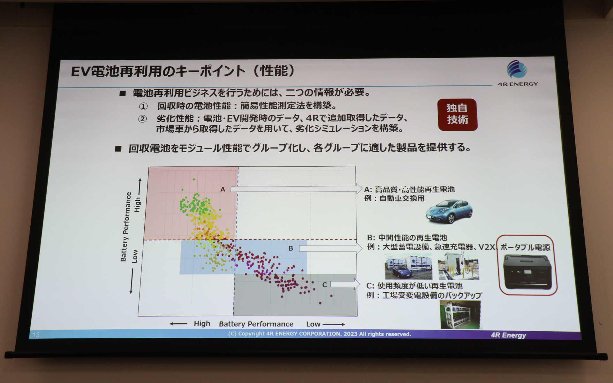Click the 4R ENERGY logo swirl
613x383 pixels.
(x=517, y=69)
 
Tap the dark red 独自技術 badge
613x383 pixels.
(x=458, y=114)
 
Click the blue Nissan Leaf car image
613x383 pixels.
(x=449, y=211)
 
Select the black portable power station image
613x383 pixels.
(x=527, y=272)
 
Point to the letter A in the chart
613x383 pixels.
(x=223, y=189)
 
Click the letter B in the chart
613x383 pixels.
(x=291, y=248)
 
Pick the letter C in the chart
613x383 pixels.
(x=324, y=285)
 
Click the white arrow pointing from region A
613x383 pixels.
(x=297, y=189)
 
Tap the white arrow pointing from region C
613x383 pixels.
(x=345, y=284)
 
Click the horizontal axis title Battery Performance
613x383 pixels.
(x=256, y=324)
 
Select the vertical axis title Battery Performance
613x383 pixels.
(x=126, y=227)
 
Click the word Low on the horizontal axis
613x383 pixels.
(x=313, y=324)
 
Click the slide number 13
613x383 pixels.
(x=36, y=334)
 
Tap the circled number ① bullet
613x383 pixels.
(x=143, y=106)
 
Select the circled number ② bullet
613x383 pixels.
(x=142, y=119)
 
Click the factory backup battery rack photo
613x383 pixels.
(x=460, y=315)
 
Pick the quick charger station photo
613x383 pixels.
(x=458, y=266)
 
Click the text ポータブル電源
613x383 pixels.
(x=525, y=247)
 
